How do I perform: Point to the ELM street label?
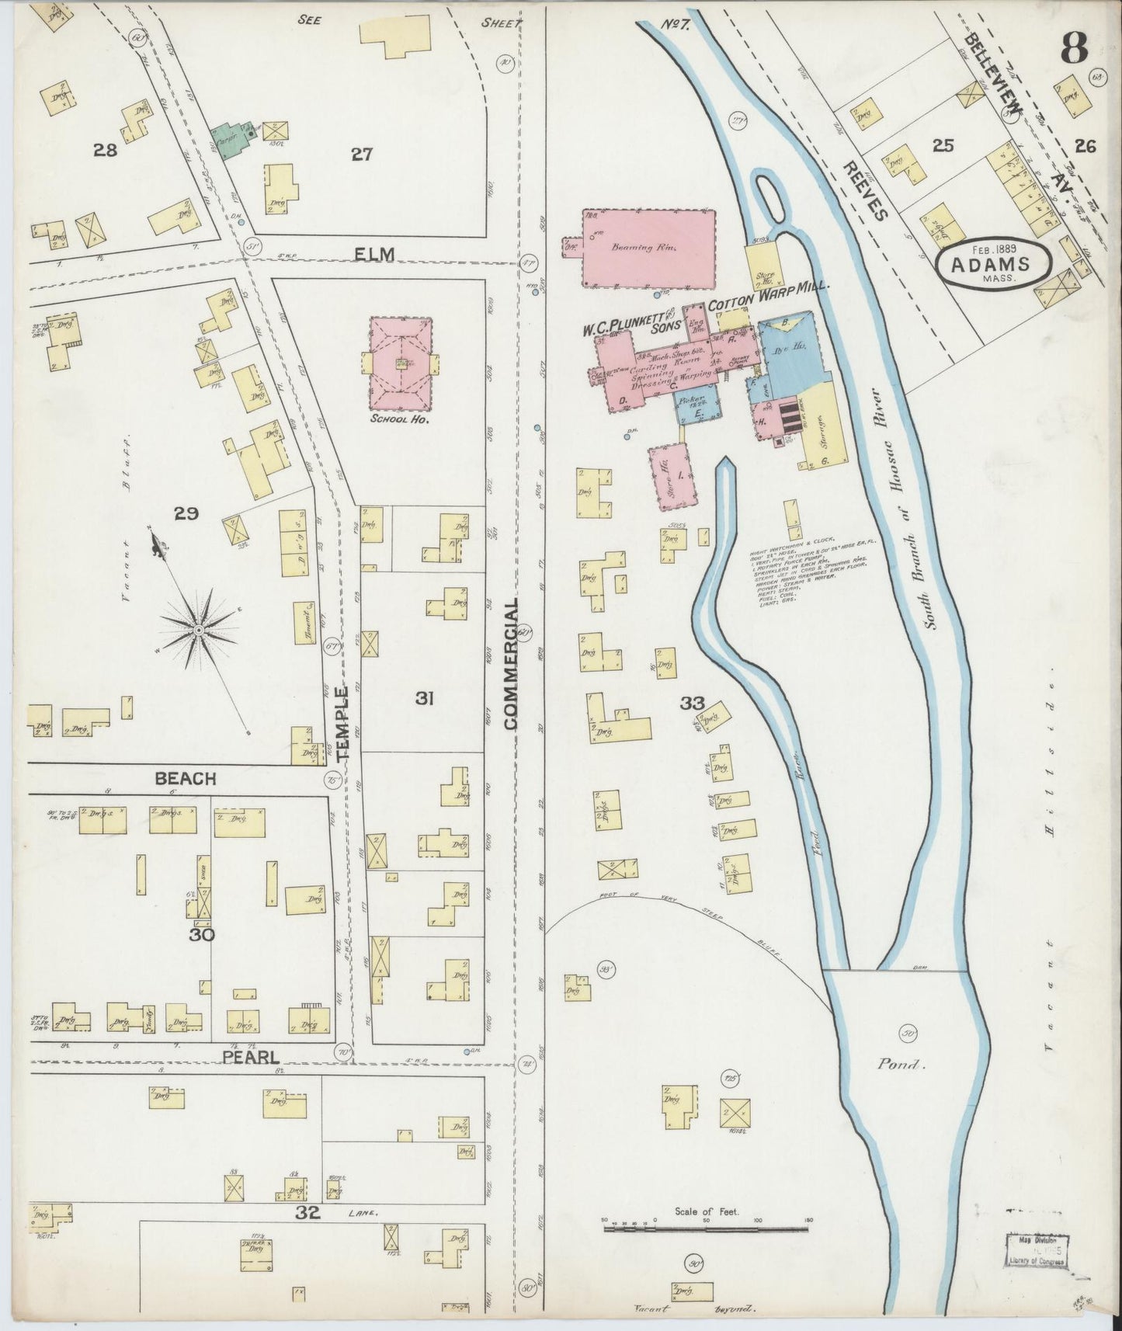coord(372,254)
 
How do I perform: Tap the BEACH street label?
coord(185,778)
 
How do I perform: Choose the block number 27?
coord(361,155)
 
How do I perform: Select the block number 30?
coord(203,934)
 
